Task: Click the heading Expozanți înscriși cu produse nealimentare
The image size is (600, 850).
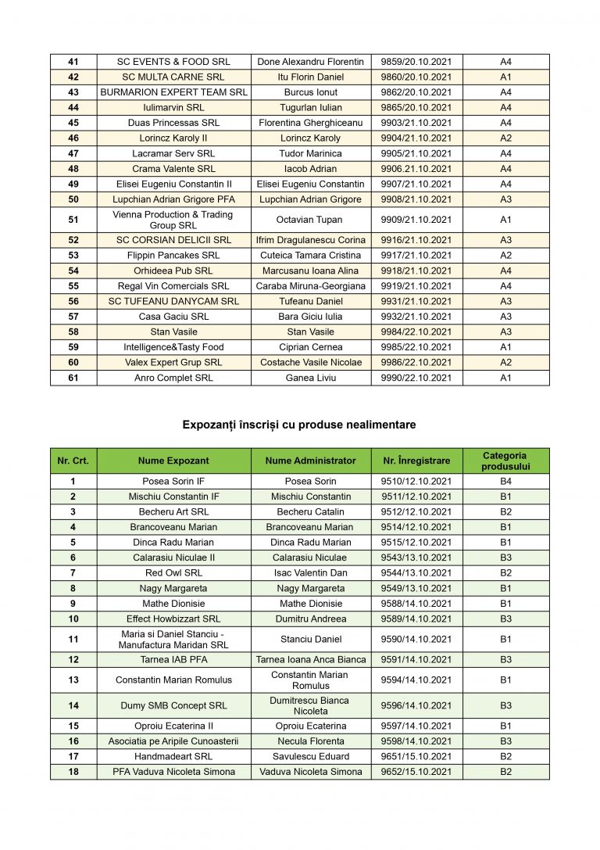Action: click(298, 425)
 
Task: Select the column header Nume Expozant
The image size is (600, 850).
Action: click(173, 461)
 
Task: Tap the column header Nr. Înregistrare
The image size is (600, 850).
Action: click(416, 461)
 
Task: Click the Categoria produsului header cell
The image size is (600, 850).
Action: click(505, 461)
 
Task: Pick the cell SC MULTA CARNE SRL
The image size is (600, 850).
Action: click(173, 77)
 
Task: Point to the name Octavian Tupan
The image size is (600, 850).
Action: click(310, 220)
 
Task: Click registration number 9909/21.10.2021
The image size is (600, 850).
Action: click(416, 220)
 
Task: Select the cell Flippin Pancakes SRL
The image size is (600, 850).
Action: click(173, 256)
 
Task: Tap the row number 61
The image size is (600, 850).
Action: click(73, 378)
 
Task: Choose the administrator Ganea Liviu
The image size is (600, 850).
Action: click(310, 378)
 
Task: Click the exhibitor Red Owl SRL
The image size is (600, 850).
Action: click(173, 573)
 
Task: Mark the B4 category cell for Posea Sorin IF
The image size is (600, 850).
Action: click(505, 482)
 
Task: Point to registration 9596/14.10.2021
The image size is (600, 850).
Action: click(416, 705)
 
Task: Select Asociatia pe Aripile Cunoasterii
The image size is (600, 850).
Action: click(173, 741)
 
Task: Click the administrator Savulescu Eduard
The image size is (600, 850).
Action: click(310, 756)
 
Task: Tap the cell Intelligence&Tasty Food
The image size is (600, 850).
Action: click(173, 347)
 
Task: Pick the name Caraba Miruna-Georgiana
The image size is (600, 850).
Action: click(310, 286)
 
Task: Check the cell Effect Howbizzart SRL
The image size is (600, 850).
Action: click(173, 619)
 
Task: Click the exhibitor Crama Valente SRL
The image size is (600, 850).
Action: click(173, 169)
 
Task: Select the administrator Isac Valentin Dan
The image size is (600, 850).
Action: click(310, 573)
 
